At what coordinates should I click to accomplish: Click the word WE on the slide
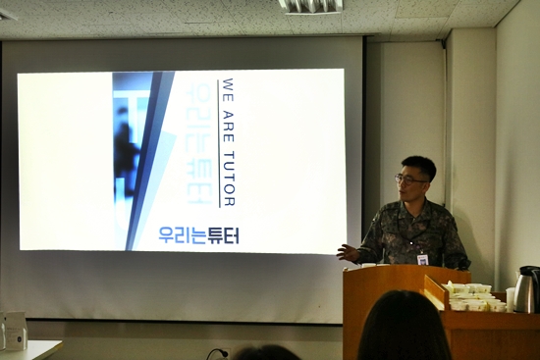point(229,89)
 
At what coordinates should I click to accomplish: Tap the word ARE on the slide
point(229,127)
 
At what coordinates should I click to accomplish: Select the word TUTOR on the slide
point(229,179)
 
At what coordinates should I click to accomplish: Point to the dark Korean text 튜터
point(223,235)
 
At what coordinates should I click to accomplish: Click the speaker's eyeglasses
point(409,180)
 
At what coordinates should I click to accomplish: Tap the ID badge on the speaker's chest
point(422,259)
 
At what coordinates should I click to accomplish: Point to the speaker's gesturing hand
point(348,253)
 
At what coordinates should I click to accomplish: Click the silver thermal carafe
point(526,289)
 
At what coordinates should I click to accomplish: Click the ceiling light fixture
point(311,6)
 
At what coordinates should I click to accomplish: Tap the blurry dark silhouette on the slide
point(126,151)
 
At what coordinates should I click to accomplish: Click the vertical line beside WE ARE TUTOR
point(219,143)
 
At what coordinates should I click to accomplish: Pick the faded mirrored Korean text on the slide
point(198,144)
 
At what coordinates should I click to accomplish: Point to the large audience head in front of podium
point(404,326)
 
